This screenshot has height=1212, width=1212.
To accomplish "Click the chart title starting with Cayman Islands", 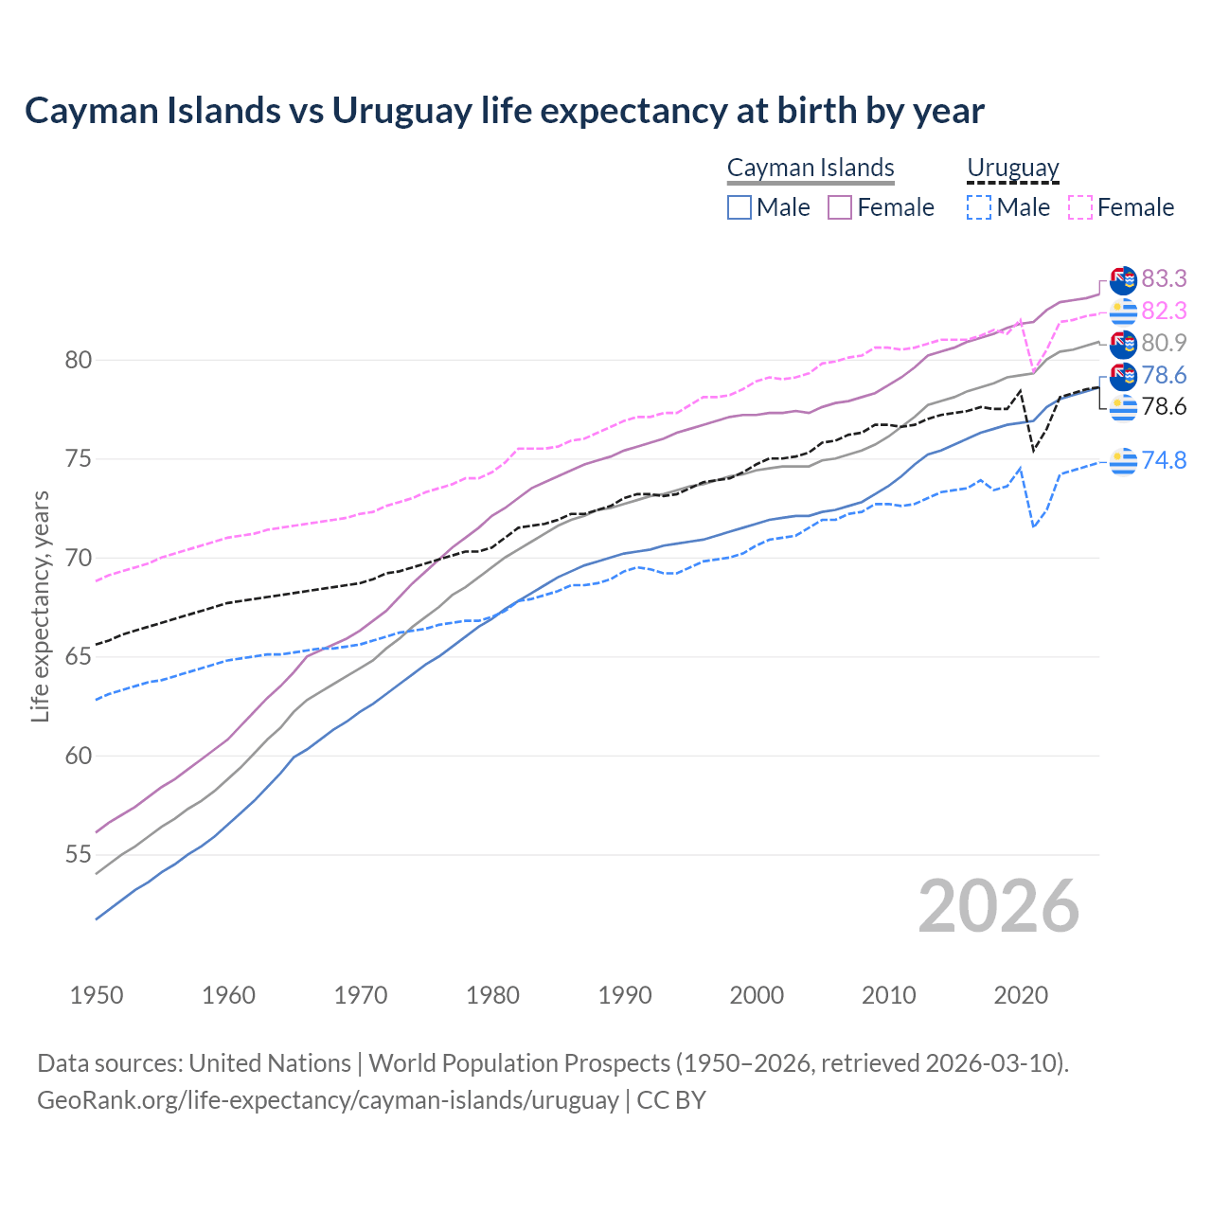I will click(x=504, y=111).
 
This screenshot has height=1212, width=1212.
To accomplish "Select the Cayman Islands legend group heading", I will click(x=811, y=168).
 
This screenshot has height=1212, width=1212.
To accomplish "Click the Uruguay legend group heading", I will click(x=1012, y=168).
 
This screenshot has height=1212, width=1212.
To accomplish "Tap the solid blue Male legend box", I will click(x=740, y=207).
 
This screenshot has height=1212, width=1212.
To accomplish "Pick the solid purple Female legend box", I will click(x=840, y=207).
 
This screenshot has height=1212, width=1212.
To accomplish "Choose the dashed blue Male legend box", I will click(x=979, y=207).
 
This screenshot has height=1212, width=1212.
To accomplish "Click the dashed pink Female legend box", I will click(x=1079, y=207).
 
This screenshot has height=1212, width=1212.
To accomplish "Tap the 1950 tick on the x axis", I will click(x=97, y=995).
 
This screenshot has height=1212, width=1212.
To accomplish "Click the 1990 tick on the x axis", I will click(x=625, y=995).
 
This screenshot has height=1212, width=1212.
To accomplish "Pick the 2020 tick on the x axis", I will click(x=1021, y=995).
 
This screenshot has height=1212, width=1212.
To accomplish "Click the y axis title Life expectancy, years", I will click(x=40, y=606).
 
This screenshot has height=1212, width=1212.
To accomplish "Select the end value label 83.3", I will click(x=1164, y=278).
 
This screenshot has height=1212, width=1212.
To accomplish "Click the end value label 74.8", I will click(x=1164, y=460).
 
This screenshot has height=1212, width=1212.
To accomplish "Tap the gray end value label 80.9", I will click(x=1164, y=343).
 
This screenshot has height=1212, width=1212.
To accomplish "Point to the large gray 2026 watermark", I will click(x=998, y=906).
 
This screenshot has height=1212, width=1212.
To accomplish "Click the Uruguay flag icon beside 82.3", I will click(x=1123, y=311).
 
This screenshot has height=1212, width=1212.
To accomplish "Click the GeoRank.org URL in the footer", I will click(x=328, y=1100).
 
